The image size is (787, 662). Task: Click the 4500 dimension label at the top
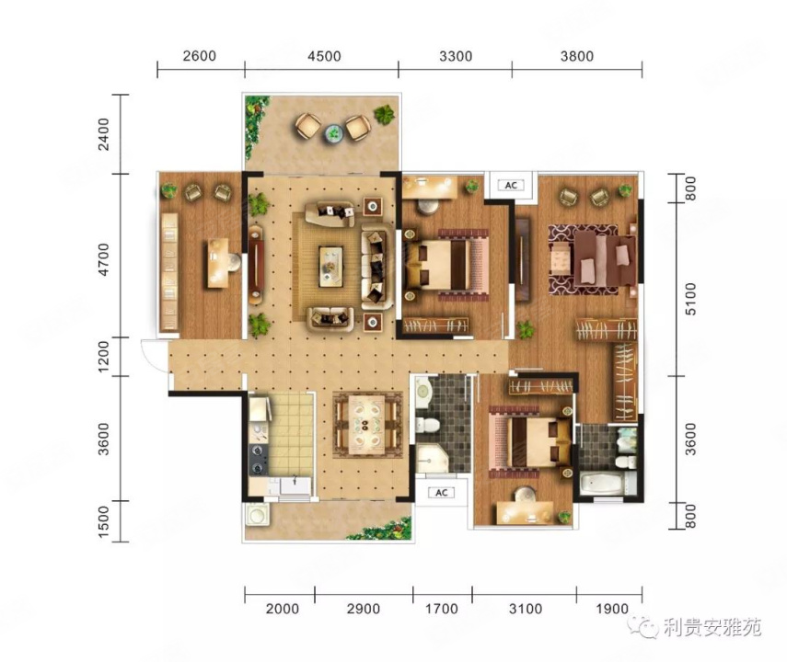[324, 56]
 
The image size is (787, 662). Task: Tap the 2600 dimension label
[199, 55]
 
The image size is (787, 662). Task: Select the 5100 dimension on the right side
[690, 299]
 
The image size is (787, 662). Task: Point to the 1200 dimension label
[103, 357]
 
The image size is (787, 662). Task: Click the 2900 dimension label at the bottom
[364, 609]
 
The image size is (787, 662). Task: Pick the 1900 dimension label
[612, 609]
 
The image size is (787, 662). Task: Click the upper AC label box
[511, 185]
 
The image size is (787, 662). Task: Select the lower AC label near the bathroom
[441, 493]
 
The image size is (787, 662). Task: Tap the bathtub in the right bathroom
[602, 483]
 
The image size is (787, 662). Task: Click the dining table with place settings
[367, 425]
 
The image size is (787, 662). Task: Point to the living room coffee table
[330, 267]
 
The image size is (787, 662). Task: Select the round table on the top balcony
[333, 133]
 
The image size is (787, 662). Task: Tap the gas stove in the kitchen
[259, 460]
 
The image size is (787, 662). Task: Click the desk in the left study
[218, 263]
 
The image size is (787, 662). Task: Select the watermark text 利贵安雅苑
[712, 627]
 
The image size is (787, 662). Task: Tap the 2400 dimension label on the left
[103, 134]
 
